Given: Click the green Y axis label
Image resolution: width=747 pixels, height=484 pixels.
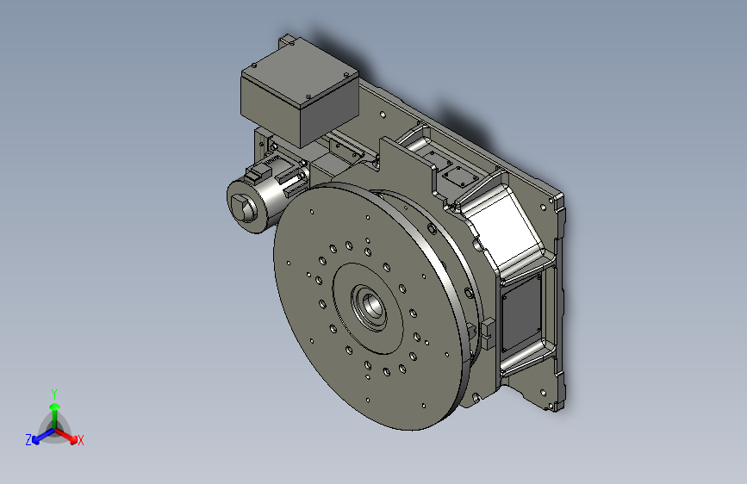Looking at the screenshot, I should pos(53,392).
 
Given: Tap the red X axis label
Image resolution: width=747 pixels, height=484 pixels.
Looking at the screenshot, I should pos(81,440).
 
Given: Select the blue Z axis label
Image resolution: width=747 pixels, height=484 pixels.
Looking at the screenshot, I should pos(28,439).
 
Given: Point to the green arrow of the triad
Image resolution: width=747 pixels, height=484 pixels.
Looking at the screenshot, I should pos(53,408).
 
